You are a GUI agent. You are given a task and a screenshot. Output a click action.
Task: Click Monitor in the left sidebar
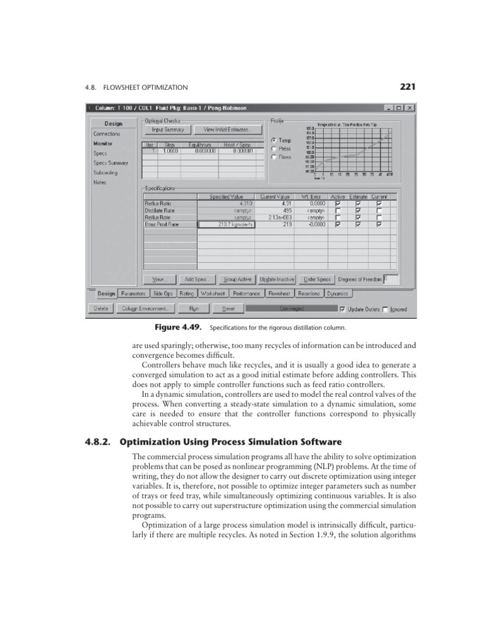point(103,143)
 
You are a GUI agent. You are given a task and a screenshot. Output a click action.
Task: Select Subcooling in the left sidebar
point(106,172)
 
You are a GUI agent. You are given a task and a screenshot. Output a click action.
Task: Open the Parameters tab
point(133,293)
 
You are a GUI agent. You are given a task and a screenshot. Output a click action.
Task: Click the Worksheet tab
point(213,293)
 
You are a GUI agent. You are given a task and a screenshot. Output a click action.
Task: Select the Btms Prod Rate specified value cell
point(226,223)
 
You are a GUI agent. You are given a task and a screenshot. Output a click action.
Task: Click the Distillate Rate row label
point(170,210)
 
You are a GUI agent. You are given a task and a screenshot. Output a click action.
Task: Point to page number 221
point(407,87)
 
